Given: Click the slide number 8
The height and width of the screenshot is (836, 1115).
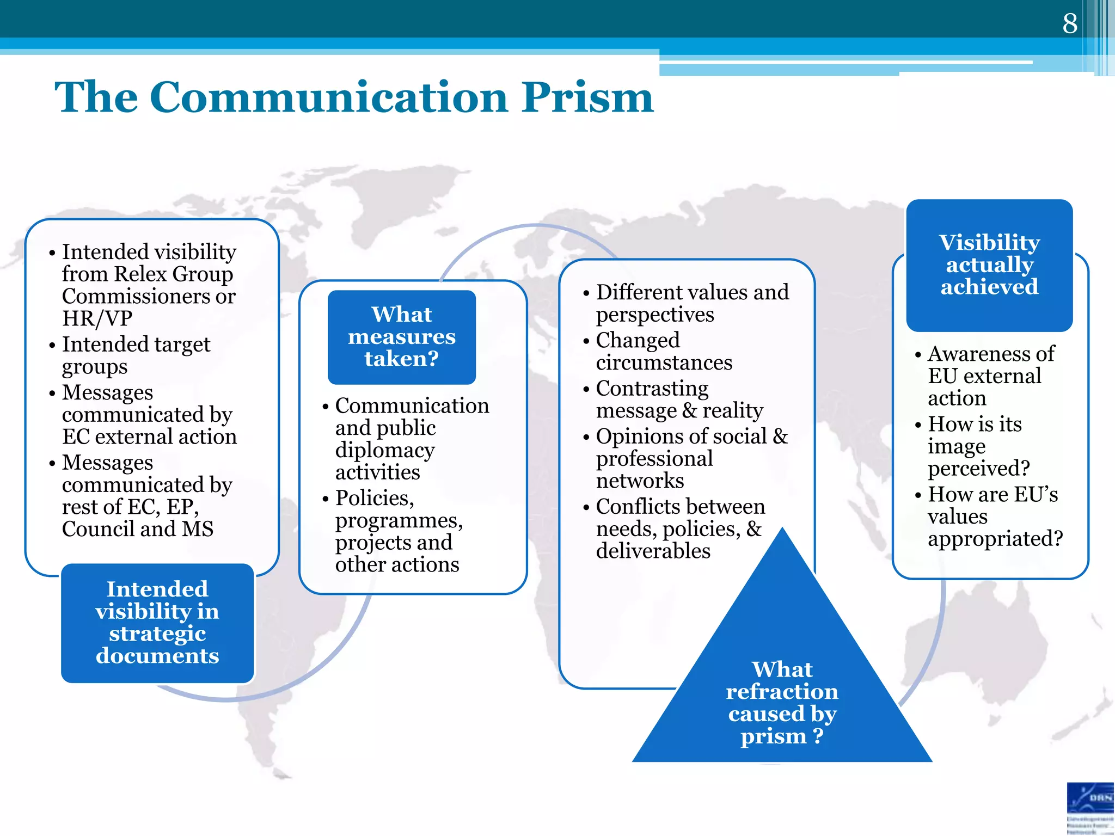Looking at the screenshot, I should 1070,23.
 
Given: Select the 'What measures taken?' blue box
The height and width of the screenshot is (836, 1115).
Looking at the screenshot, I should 401,337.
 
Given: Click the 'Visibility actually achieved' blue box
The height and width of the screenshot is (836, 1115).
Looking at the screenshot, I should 989,265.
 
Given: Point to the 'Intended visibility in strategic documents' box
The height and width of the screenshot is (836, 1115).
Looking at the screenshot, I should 157,623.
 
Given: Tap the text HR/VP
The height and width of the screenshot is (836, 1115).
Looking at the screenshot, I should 97,318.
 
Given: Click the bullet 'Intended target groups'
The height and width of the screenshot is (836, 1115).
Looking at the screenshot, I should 136,355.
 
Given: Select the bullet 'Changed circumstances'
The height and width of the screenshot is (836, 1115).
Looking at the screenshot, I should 664,351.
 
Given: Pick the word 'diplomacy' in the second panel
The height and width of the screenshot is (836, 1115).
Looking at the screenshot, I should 385,450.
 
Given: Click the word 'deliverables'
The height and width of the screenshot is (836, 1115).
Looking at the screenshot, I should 653,551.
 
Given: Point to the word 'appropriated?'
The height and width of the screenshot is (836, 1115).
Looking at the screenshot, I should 995,538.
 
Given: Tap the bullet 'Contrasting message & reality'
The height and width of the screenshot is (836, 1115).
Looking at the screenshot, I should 679,399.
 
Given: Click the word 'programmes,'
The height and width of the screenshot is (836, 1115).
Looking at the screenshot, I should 399,520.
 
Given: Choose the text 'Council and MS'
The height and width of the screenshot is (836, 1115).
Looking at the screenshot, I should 138,528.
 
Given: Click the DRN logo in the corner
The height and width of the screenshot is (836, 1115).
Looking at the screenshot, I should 1090,808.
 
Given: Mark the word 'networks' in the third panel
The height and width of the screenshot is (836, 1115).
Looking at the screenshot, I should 640,481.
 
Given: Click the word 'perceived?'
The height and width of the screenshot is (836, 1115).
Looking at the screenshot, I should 979,468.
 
